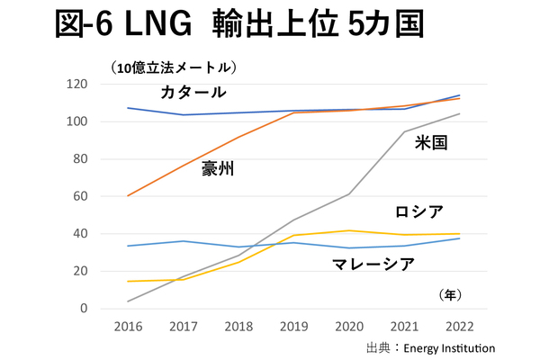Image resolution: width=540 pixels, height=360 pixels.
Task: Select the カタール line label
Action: click(x=193, y=93)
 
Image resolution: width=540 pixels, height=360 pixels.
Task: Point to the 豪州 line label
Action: click(x=218, y=167)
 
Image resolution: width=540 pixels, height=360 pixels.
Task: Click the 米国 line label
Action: click(x=432, y=142)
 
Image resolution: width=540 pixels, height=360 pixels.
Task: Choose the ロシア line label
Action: click(x=419, y=212)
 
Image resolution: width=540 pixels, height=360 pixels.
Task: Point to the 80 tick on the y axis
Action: click(x=79, y=159)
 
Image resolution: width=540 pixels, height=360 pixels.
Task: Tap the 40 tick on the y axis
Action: click(x=79, y=234)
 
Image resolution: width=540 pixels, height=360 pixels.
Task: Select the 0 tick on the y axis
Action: click(x=84, y=309)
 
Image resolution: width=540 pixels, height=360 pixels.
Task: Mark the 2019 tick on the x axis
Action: click(x=293, y=325)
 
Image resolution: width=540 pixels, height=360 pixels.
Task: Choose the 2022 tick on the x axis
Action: click(x=461, y=325)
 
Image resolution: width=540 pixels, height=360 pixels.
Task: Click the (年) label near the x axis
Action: click(x=450, y=294)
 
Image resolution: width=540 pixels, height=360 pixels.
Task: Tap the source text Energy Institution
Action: click(x=448, y=347)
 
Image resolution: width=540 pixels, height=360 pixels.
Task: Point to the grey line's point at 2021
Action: click(x=405, y=131)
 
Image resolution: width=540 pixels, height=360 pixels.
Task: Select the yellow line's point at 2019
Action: click(x=293, y=235)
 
